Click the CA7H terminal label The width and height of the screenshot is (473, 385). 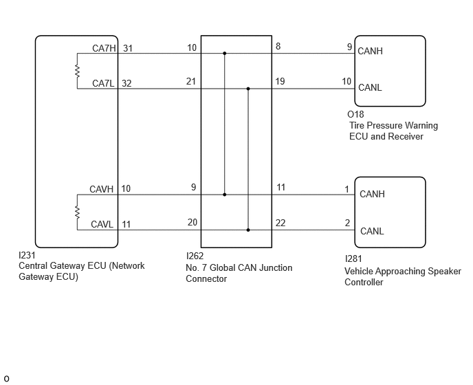tap(104, 48)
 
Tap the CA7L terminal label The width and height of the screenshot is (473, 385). tap(103, 83)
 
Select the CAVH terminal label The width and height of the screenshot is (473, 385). tap(101, 189)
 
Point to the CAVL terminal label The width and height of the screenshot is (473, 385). tap(102, 225)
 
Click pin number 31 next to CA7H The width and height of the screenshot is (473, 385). tap(128, 48)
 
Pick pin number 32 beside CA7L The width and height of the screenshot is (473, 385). tap(126, 83)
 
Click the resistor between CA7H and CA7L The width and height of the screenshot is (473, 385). tap(78, 71)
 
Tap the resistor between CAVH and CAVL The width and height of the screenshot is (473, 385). tap(78, 212)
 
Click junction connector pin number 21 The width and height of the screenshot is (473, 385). tap(191, 81)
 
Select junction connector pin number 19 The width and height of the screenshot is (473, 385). tap(280, 81)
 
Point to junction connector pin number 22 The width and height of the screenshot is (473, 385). tap(280, 223)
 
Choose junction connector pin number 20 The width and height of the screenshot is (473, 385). tap(192, 222)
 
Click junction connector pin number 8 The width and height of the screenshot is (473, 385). tap(278, 46)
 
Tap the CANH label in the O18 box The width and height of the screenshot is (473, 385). tap(370, 52)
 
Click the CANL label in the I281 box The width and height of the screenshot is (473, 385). tap(372, 231)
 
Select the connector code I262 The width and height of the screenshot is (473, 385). tap(195, 256)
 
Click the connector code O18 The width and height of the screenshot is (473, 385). tap(355, 114)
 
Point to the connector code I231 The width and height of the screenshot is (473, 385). tap(27, 256)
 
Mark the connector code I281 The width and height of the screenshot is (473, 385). tap(353, 259)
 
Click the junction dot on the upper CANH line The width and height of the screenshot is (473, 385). tap(224, 54)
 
